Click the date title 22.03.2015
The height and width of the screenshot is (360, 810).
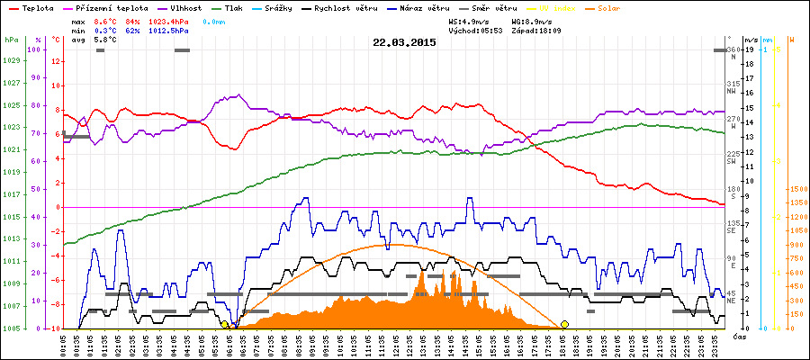tap(404, 42)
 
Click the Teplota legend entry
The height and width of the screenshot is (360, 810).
tap(36, 8)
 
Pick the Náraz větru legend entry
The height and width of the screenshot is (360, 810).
tap(427, 8)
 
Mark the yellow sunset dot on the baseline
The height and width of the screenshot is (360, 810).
tap(564, 324)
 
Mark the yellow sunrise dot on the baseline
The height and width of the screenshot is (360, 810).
tap(224, 324)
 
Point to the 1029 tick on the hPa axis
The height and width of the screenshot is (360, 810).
tap(11, 60)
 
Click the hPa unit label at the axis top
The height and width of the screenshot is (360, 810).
tap(11, 40)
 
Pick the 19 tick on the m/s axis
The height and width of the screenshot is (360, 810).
tap(749, 49)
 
